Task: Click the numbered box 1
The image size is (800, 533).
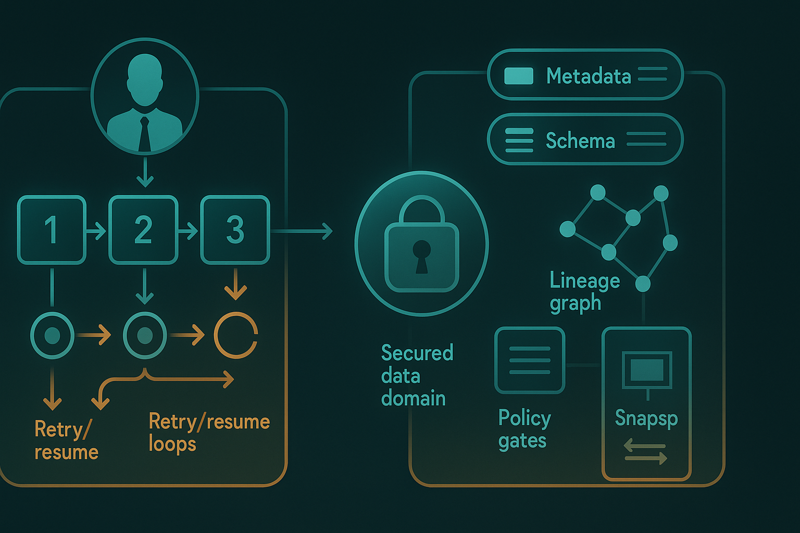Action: [x=52, y=230]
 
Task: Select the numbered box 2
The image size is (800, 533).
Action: [x=143, y=230]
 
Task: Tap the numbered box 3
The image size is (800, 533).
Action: [x=235, y=230]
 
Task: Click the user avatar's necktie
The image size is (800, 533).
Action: [x=144, y=134]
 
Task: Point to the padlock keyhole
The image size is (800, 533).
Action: [x=422, y=255]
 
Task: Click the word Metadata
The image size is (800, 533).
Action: [x=589, y=77]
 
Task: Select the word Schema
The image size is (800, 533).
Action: [x=580, y=141]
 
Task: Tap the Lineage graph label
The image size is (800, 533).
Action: [x=584, y=291]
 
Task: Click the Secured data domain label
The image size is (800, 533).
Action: [x=417, y=375]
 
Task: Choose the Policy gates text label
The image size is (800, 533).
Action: [x=524, y=429]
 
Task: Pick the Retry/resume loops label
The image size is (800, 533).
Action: [x=209, y=432]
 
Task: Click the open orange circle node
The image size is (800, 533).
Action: [x=236, y=335]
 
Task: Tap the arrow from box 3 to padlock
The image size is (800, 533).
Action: [x=302, y=231]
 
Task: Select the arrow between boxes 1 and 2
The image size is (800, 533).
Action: [x=96, y=230]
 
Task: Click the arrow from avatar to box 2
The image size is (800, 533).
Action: [x=145, y=173]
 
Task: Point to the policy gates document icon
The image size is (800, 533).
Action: [x=530, y=360]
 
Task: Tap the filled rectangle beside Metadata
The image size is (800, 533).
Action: [x=519, y=76]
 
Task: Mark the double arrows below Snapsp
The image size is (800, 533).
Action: [x=645, y=452]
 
